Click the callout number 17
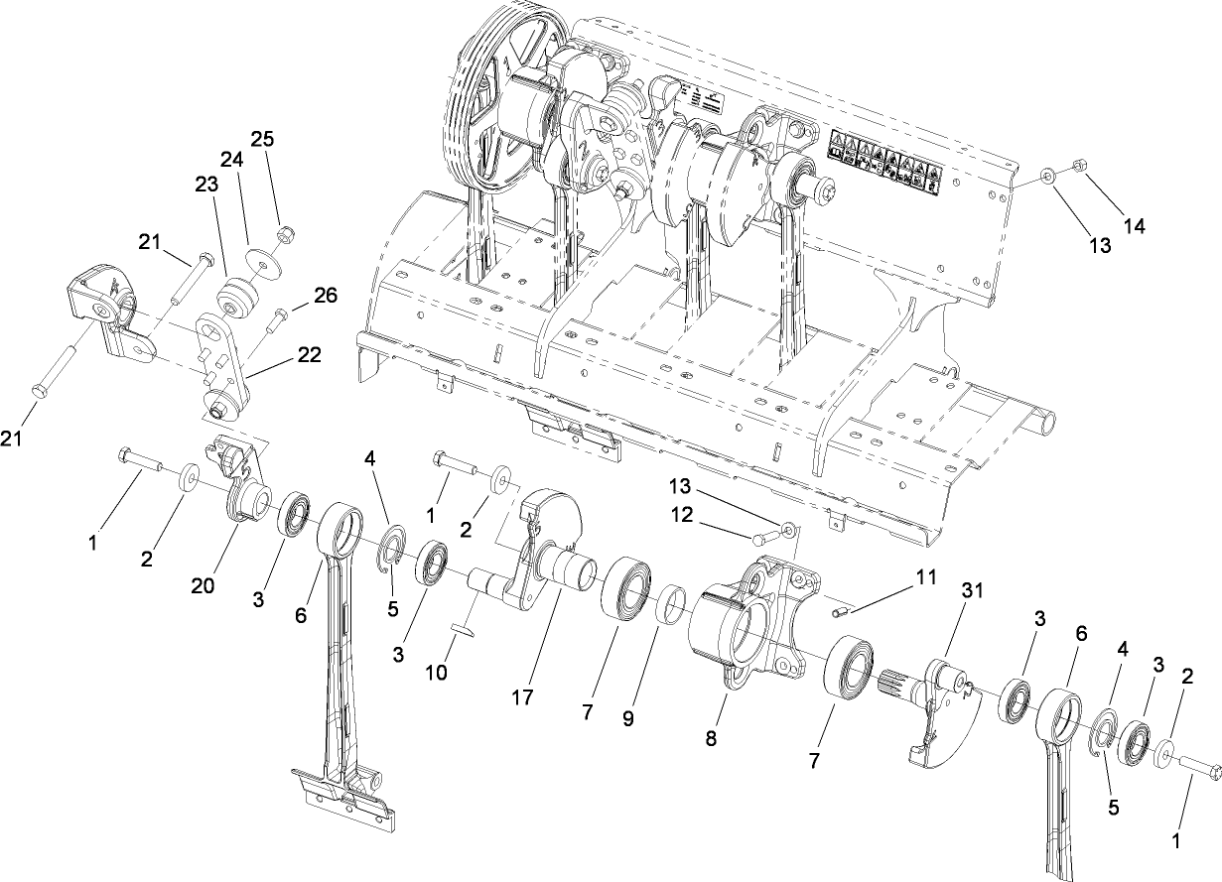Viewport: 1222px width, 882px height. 523,698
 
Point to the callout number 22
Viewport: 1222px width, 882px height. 309,355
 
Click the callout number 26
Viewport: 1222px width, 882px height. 325,295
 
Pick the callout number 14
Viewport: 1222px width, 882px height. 1134,226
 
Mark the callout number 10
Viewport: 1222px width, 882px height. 436,672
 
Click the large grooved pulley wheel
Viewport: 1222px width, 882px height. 491,119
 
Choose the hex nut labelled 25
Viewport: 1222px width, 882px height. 283,235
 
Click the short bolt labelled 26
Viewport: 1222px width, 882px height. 276,316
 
